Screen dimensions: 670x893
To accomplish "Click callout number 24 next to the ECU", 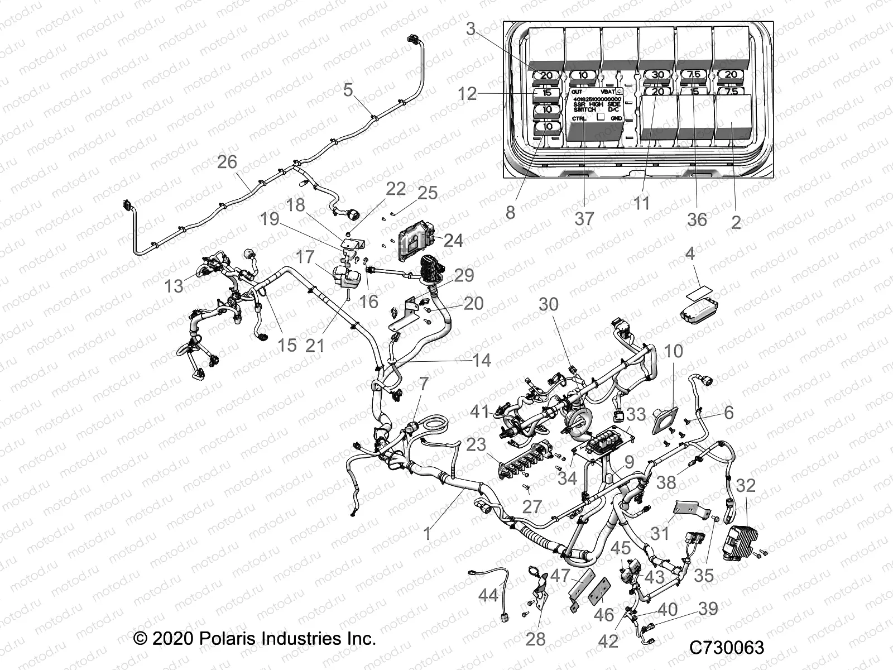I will pyautogui.click(x=453, y=240).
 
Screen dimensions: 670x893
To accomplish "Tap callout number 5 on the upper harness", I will pyautogui.click(x=348, y=89).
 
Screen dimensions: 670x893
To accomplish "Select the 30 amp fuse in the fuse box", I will pyautogui.click(x=658, y=75).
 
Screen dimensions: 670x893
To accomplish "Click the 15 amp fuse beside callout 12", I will pyautogui.click(x=547, y=93).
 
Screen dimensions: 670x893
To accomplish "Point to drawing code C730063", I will pyautogui.click(x=727, y=648).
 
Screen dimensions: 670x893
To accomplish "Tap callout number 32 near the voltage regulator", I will pyautogui.click(x=745, y=485).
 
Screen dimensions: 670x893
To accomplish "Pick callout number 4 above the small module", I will pyautogui.click(x=690, y=255).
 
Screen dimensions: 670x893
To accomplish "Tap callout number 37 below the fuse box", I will pyautogui.click(x=584, y=218).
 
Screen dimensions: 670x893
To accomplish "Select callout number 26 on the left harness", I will pyautogui.click(x=227, y=162).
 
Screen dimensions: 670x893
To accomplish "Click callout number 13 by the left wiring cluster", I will pyautogui.click(x=174, y=286).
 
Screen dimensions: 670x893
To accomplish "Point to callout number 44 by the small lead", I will pyautogui.click(x=488, y=596).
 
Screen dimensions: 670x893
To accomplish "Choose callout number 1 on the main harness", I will pyautogui.click(x=427, y=534).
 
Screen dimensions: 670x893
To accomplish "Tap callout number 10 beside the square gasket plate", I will pyautogui.click(x=674, y=351).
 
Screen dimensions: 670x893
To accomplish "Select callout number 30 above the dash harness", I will pyautogui.click(x=548, y=304).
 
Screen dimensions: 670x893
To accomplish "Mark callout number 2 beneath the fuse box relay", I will pyautogui.click(x=736, y=222).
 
